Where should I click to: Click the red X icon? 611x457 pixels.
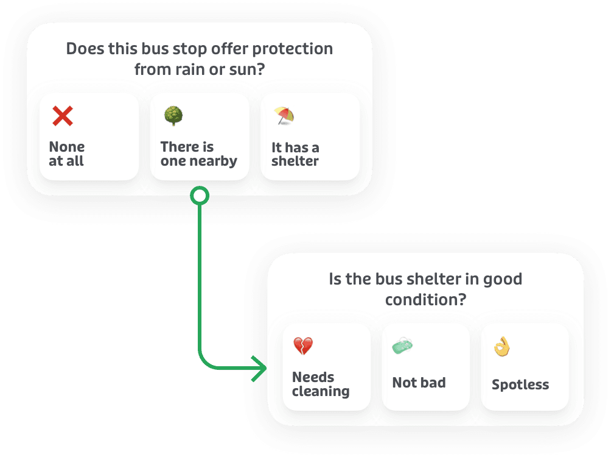pos(62,116)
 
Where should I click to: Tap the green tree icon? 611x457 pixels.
pos(173,116)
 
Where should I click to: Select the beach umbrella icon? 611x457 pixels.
pos(284,115)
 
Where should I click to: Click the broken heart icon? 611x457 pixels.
pos(302,347)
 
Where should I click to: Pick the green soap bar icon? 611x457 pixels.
pos(403,346)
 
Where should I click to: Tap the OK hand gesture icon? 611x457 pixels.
pos(502,347)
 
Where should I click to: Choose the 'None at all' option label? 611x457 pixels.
pos(67,154)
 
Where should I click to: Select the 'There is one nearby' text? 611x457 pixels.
pos(198,154)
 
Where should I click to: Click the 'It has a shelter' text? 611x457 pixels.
pos(295,154)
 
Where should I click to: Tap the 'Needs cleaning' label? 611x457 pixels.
pos(321,384)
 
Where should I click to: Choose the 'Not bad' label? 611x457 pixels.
pos(419,383)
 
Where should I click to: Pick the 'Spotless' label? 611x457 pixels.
pos(520,384)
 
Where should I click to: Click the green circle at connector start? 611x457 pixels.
pos(200,196)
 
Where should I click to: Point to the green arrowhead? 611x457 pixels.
pos(260,369)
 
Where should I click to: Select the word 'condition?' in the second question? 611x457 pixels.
pos(425,300)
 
